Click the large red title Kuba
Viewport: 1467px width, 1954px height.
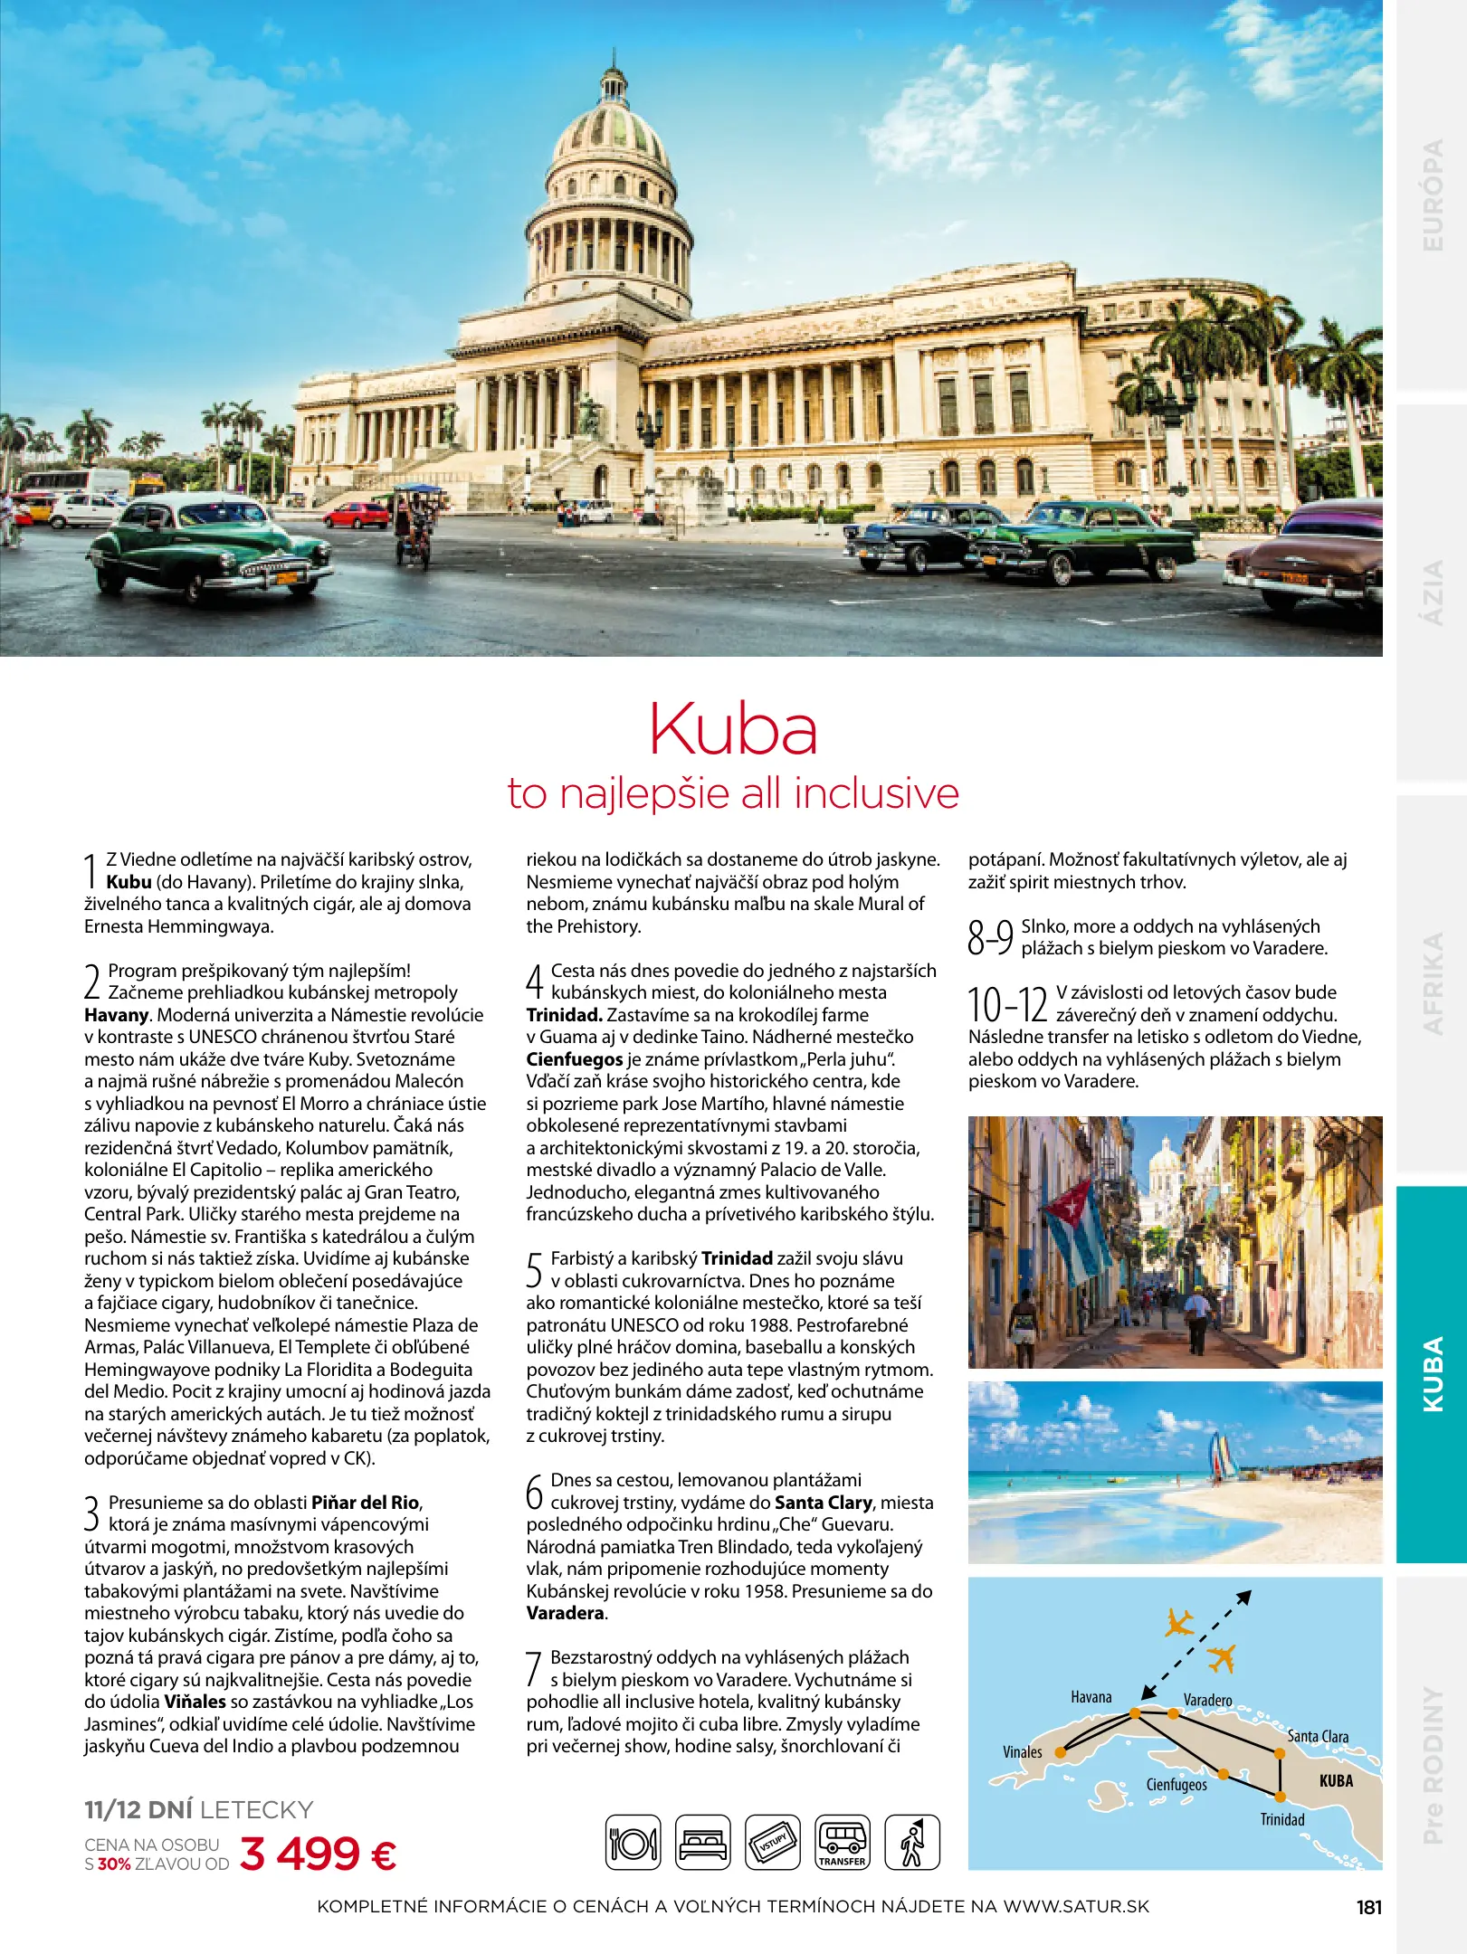(733, 730)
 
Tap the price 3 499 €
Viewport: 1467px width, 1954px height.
(319, 1854)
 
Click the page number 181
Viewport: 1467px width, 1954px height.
(1369, 1907)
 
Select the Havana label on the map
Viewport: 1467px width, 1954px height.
(1091, 1697)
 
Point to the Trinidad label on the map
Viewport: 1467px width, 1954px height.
(1282, 1819)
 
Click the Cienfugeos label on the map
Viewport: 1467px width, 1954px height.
(1176, 1784)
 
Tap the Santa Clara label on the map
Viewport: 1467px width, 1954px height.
(1318, 1736)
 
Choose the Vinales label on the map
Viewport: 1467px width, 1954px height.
(1022, 1751)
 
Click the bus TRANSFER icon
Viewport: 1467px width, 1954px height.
(842, 1842)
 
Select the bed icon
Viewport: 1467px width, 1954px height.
(703, 1842)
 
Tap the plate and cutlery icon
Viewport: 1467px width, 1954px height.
(633, 1842)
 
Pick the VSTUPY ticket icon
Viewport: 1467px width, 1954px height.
(772, 1842)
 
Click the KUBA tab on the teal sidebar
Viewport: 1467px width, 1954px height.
(1432, 1374)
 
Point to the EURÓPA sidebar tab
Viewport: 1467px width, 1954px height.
(1432, 194)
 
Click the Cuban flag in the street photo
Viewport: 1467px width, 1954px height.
(1077, 1231)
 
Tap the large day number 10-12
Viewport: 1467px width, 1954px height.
(1006, 1005)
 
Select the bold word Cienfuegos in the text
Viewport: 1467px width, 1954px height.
(575, 1059)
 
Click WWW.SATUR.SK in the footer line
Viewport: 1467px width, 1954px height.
(1076, 1907)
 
